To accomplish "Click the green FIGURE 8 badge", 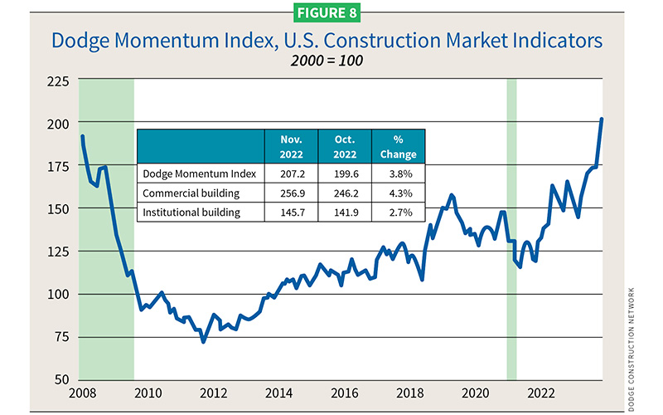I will click(331, 14).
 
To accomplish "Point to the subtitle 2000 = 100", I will click(331, 60).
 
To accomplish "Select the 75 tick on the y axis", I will click(60, 337).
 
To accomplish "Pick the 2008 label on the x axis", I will click(81, 393).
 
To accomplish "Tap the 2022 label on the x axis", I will click(541, 393).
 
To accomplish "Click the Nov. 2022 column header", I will click(290, 145).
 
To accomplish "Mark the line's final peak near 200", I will click(602, 120).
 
